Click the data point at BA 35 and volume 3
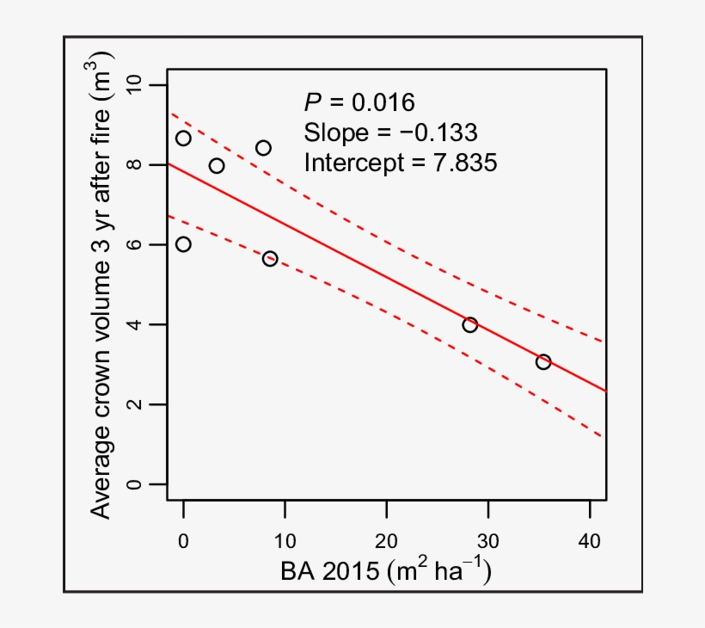tap(543, 362)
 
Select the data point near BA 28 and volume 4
tap(469, 325)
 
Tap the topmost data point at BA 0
tap(183, 139)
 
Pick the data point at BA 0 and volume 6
tap(183, 244)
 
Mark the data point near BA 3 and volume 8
tap(217, 166)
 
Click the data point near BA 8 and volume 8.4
tap(263, 148)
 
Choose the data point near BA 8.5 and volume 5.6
tap(270, 259)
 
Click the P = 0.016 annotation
tap(359, 103)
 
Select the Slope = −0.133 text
tap(390, 132)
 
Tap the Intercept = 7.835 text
tap(400, 162)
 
